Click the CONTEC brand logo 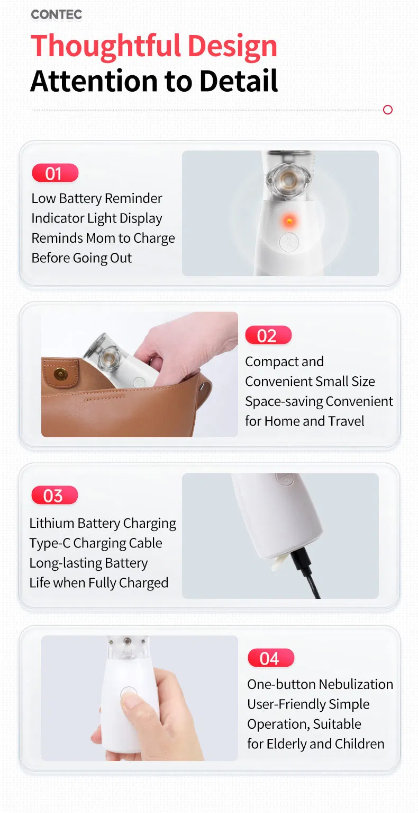[x=56, y=15]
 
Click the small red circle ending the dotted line [x=387, y=110]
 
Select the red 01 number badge [x=54, y=173]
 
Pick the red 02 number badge [x=268, y=335]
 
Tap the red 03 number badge [x=54, y=496]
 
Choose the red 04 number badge [x=270, y=658]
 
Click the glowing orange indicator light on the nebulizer [x=289, y=219]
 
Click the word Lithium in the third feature [x=51, y=524]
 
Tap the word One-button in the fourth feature [x=278, y=684]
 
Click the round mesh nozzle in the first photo [x=288, y=179]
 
